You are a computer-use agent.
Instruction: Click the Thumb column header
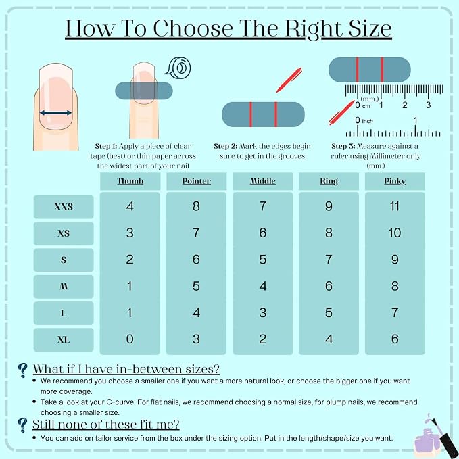coord(130,181)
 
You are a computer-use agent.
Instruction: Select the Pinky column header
coord(395,181)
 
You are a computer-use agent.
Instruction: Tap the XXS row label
coord(64,207)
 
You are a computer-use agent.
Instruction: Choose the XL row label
coord(64,339)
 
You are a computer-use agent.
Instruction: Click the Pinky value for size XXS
coord(395,206)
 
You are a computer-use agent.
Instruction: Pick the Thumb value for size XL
coord(130,339)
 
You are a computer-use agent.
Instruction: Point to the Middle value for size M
coord(263,286)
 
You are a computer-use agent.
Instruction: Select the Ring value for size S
coord(329,260)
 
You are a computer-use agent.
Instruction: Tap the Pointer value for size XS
coord(196,233)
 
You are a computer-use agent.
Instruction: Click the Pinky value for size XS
coord(395,233)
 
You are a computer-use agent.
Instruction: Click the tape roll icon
coord(178,68)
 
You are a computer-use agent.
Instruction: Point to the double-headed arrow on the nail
coord(55,113)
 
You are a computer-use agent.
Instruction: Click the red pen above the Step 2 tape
coord(289,80)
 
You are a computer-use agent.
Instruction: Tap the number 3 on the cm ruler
coord(429,105)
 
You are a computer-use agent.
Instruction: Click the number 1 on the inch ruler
coord(415,120)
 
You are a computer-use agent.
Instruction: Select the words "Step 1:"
coord(106,146)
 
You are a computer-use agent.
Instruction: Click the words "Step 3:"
coord(343,146)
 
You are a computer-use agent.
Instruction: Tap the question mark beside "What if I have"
coord(22,370)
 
